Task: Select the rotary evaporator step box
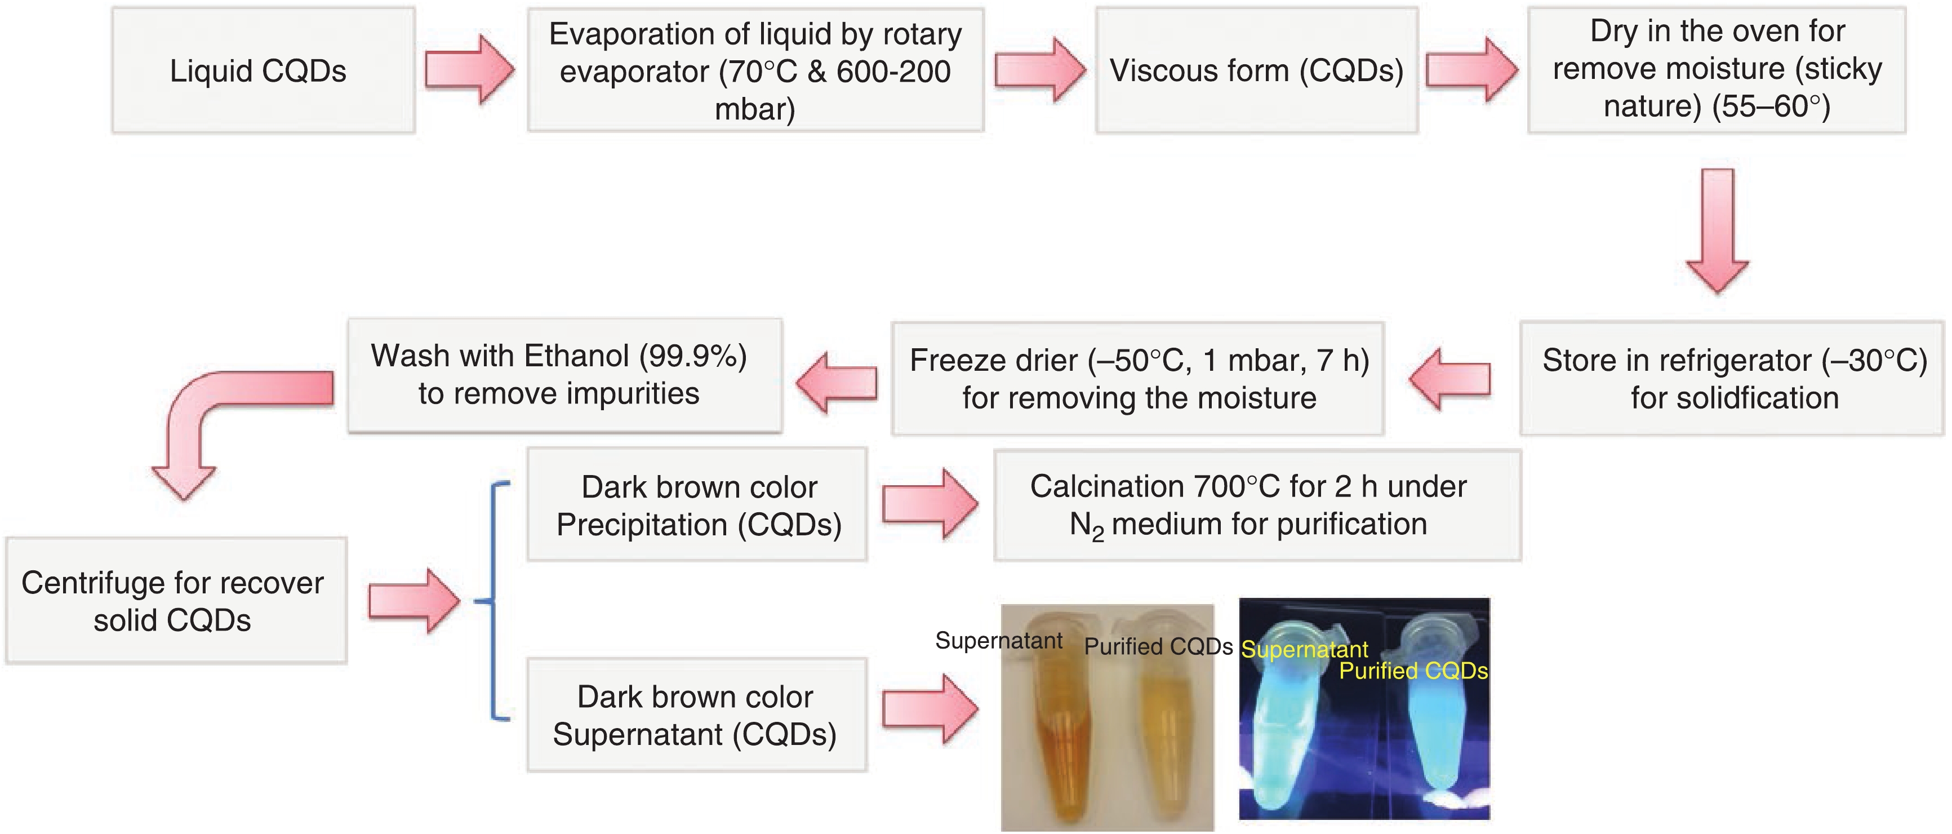point(755,70)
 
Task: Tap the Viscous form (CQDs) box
point(1256,70)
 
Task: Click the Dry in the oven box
point(1717,70)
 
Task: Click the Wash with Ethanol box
point(564,375)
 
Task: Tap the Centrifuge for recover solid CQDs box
point(176,601)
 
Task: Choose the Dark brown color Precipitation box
point(697,505)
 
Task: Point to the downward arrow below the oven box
point(1717,231)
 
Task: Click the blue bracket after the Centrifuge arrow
point(494,601)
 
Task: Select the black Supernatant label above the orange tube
point(999,641)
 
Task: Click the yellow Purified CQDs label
point(1413,671)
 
